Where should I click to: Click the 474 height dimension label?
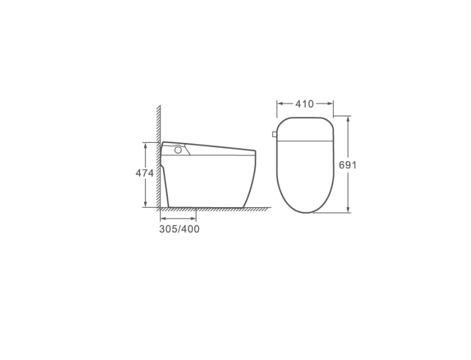(144, 173)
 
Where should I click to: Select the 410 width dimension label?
(304, 104)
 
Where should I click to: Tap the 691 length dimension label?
(347, 165)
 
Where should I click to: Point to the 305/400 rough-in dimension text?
(179, 229)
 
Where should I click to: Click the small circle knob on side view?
(178, 149)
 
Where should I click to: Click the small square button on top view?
(274, 134)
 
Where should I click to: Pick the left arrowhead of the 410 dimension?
(280, 104)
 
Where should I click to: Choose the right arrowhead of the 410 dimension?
(330, 104)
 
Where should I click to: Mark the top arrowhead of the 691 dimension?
(348, 119)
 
